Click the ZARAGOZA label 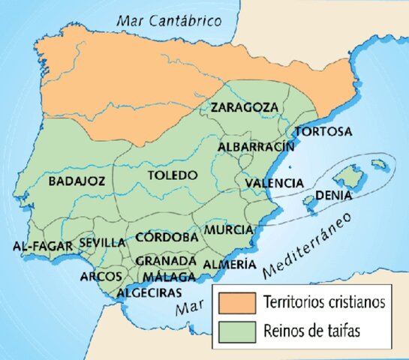pos(244,107)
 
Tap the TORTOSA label pos(323,132)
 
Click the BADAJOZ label pos(77,181)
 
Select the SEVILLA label pos(102,242)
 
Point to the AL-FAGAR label pos(43,245)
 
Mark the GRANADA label pos(166,260)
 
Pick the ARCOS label pos(101,276)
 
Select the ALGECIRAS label pos(150,292)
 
